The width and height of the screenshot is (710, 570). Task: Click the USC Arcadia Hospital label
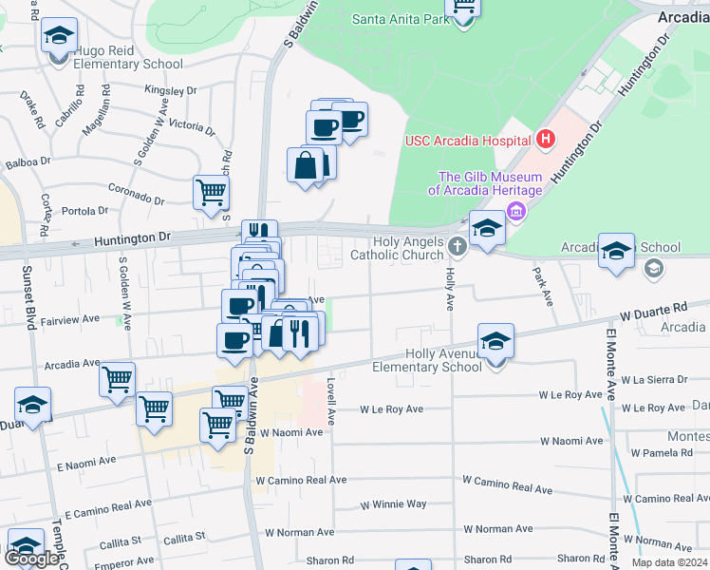[467, 141]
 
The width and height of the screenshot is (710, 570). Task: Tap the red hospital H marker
[545, 141]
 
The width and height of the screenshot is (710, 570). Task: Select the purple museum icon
[515, 211]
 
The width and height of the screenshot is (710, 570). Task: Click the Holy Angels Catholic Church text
[397, 248]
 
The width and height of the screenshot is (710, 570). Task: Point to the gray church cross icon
[458, 248]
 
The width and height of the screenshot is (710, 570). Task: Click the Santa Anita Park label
[400, 18]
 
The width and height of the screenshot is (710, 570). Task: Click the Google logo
[31, 559]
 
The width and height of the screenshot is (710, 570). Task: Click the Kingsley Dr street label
[170, 91]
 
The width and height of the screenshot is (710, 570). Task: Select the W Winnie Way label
[393, 504]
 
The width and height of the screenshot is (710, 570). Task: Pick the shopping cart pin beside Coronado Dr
[211, 192]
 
